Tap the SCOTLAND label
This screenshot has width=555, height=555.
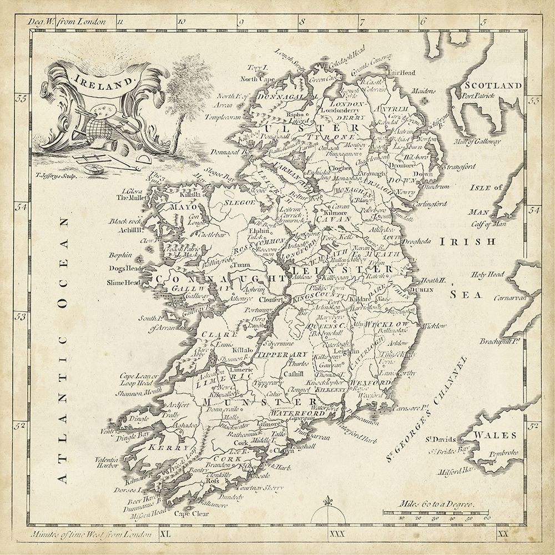tap(493, 85)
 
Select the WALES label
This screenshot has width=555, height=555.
tap(498, 435)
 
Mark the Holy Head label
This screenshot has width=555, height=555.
tap(487, 274)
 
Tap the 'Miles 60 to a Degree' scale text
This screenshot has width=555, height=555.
tap(436, 504)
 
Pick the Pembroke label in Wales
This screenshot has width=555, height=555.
tap(504, 453)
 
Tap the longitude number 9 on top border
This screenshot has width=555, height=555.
tap(240, 23)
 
